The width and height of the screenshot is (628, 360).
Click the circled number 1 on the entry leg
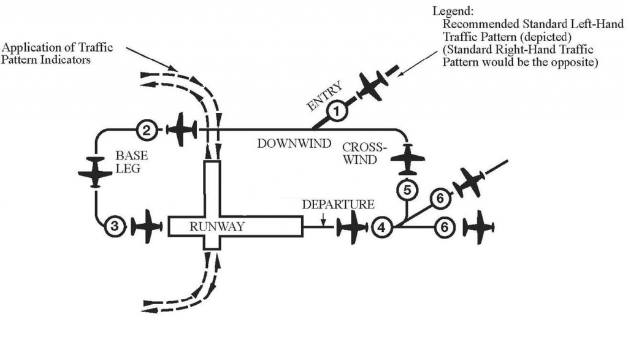coord(336,112)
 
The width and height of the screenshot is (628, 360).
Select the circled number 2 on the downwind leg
coord(145,130)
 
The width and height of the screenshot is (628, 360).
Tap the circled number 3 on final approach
coord(114,226)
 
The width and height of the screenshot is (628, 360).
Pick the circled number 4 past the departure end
coord(381,228)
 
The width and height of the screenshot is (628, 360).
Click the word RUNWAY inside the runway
coord(216,227)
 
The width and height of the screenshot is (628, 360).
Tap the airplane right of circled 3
coord(146,226)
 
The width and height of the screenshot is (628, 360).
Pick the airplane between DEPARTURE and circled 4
coord(351,228)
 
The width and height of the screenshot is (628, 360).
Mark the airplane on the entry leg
coord(372,85)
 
